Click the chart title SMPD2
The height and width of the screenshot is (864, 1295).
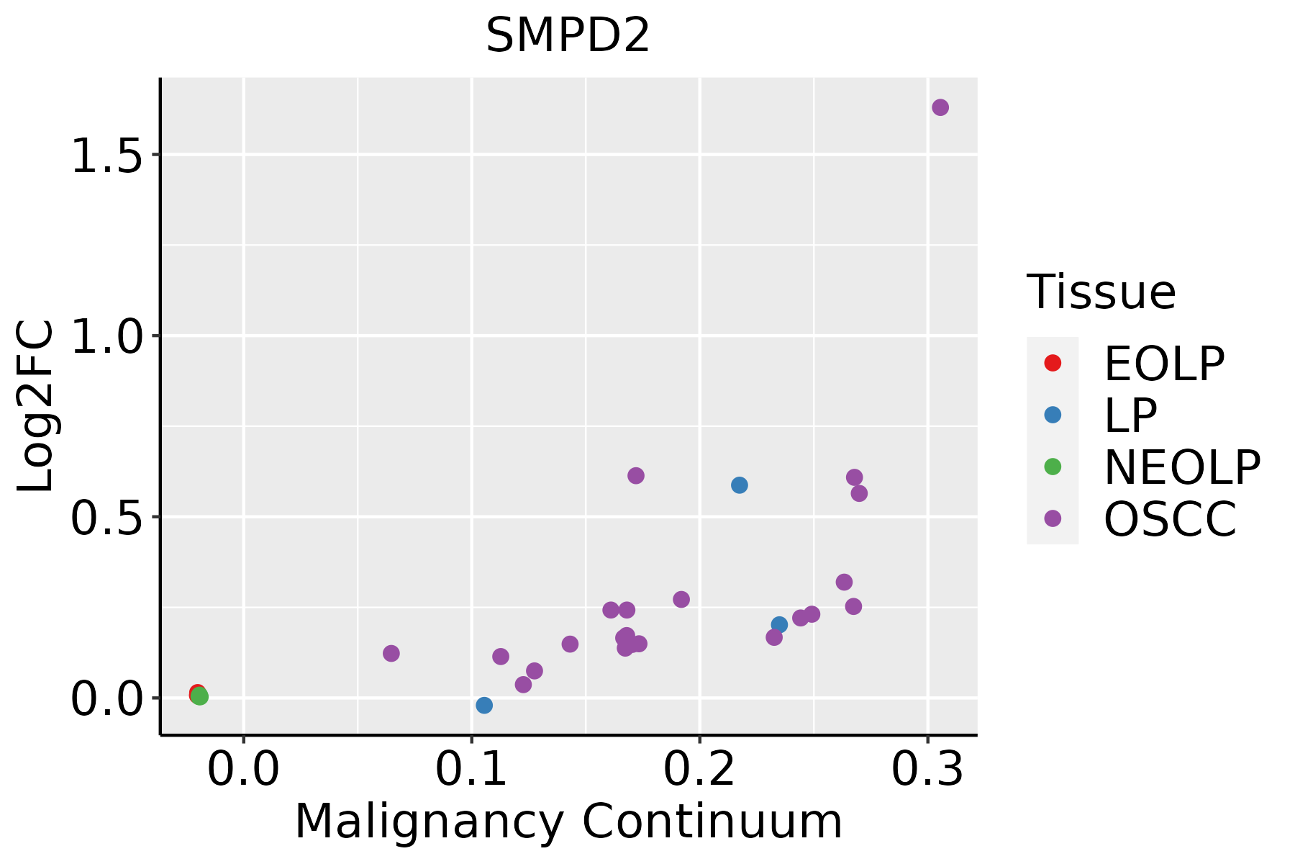[568, 36]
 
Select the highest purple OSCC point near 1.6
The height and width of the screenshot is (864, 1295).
[940, 107]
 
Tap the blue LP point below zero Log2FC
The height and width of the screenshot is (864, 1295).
[484, 705]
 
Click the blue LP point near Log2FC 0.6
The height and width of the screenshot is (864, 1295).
[739, 485]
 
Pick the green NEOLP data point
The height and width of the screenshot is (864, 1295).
[200, 696]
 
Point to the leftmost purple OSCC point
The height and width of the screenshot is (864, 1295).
[391, 653]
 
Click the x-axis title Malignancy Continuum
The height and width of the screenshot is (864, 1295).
[568, 822]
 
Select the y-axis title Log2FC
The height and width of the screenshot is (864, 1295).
[36, 407]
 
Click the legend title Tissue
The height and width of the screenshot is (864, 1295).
[1101, 292]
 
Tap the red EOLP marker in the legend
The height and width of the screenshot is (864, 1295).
[1053, 363]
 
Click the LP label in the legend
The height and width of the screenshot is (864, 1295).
[1130, 415]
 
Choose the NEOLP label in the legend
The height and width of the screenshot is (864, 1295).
[1181, 467]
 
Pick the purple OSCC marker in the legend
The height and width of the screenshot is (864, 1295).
[1053, 518]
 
